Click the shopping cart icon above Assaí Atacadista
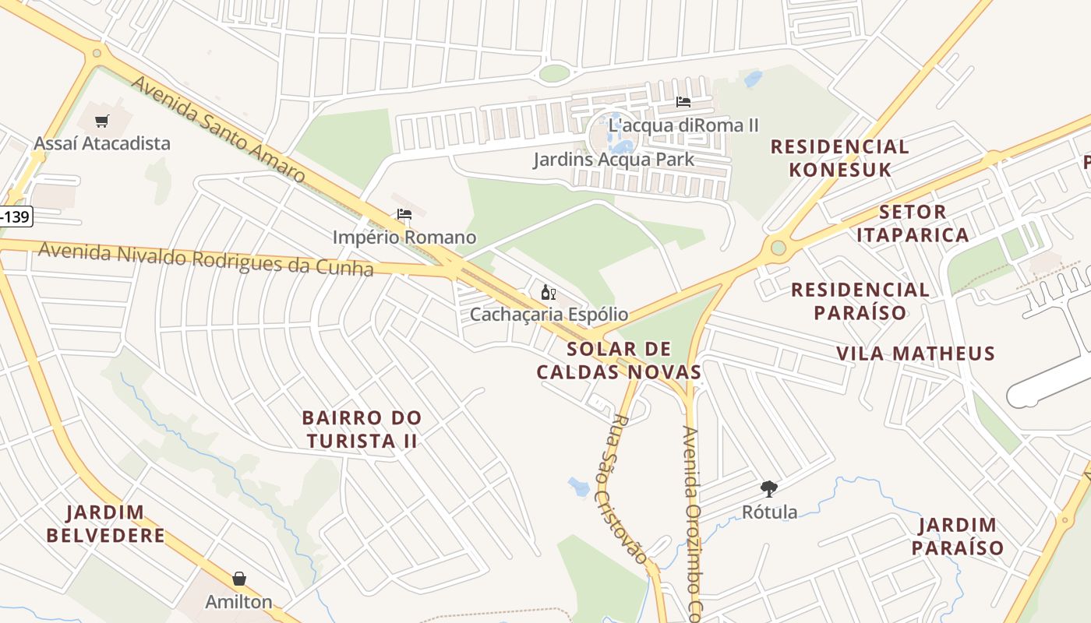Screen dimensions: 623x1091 coord(101,121)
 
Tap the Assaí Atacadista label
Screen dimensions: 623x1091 coord(101,143)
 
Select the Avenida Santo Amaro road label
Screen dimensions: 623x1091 coord(217,128)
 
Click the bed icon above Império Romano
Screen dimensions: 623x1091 coord(404,214)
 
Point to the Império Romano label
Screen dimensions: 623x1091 coord(404,237)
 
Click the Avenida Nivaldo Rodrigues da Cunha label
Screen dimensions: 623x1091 coord(206,259)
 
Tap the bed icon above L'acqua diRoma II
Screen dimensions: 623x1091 coord(683,102)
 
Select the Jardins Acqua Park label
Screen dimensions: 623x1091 coord(613,160)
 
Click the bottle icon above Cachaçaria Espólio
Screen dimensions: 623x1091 coord(548,292)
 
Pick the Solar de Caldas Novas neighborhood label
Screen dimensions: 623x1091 coord(619,360)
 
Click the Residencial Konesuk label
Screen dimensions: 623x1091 coord(839,158)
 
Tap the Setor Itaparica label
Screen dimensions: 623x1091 coord(912,223)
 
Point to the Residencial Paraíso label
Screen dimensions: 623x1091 coord(860,301)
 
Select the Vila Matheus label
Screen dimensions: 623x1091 coord(916,354)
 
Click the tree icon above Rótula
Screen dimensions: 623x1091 coord(769,489)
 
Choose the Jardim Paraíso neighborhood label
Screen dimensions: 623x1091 coord(957,536)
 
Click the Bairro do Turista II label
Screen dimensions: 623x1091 coord(362,430)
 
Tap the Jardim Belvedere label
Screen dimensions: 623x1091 coord(105,524)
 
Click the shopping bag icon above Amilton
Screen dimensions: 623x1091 coord(239,579)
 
